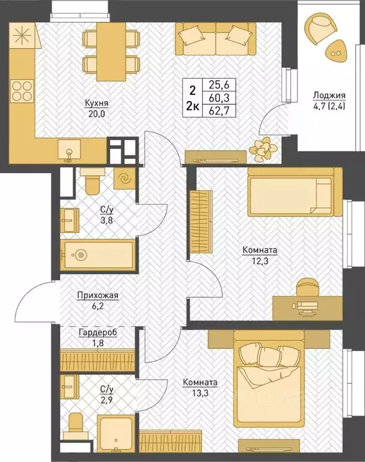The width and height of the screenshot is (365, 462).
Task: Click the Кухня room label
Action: point(97,103)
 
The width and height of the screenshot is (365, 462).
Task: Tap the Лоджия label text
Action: point(329,95)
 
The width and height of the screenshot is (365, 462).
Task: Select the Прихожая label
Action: point(98,295)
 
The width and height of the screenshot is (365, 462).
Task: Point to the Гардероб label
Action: point(98,332)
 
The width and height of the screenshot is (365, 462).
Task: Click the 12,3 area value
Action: point(260,260)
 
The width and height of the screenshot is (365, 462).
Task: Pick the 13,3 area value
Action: point(200,393)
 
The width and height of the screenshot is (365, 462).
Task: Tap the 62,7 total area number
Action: point(219,111)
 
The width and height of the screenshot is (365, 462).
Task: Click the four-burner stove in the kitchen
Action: point(22,91)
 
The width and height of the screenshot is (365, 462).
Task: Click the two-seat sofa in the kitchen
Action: point(216,38)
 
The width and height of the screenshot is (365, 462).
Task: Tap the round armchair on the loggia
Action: point(321,28)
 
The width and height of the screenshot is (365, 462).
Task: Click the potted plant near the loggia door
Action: point(263,150)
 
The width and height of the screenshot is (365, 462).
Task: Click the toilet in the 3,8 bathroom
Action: point(92,180)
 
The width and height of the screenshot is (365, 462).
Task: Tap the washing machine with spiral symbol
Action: point(124,178)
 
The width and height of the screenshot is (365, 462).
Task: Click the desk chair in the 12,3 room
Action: point(308,288)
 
